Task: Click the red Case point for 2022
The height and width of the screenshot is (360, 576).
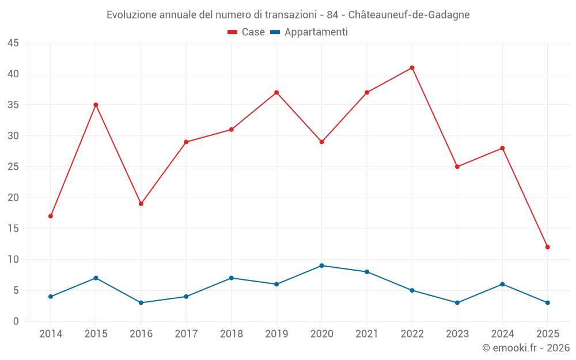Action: (412, 68)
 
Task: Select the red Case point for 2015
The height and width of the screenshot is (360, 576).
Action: (96, 105)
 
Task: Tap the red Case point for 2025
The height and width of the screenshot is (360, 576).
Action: (547, 247)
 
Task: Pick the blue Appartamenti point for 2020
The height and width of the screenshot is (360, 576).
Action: (321, 266)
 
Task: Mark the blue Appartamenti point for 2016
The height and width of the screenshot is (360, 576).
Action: (141, 302)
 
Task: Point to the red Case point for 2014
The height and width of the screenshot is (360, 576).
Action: (51, 216)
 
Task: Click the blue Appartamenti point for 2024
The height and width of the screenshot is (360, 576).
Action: (502, 284)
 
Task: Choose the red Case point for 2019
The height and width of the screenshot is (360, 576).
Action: (276, 93)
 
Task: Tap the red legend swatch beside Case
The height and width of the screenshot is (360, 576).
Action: (233, 32)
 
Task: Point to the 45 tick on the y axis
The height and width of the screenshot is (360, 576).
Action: (13, 43)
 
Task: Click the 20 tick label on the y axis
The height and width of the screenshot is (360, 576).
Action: (13, 198)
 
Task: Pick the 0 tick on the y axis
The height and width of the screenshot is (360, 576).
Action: (16, 321)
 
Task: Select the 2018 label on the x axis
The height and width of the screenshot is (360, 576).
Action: (231, 334)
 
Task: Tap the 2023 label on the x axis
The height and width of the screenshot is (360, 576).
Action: (457, 334)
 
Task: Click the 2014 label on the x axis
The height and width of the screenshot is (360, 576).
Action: (51, 334)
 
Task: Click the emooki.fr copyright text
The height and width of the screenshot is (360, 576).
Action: (526, 348)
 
